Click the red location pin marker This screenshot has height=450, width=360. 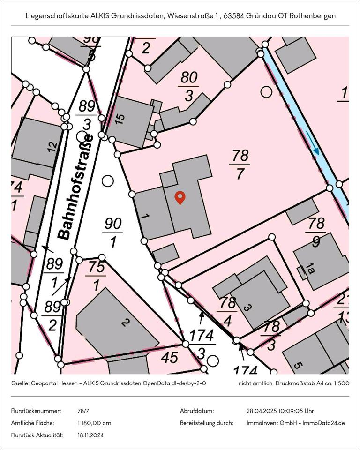[x=180, y=198]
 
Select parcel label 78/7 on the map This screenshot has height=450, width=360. [x=239, y=165]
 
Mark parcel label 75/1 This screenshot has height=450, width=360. [x=96, y=276]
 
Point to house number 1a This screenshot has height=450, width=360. [x=310, y=268]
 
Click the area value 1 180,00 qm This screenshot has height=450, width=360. [x=94, y=423]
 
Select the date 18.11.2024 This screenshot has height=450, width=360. [x=90, y=435]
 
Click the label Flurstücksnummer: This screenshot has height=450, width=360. [x=36, y=411]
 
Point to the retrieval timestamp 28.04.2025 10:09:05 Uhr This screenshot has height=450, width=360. [x=280, y=411]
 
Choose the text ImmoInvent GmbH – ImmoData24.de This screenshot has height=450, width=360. [x=295, y=423]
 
